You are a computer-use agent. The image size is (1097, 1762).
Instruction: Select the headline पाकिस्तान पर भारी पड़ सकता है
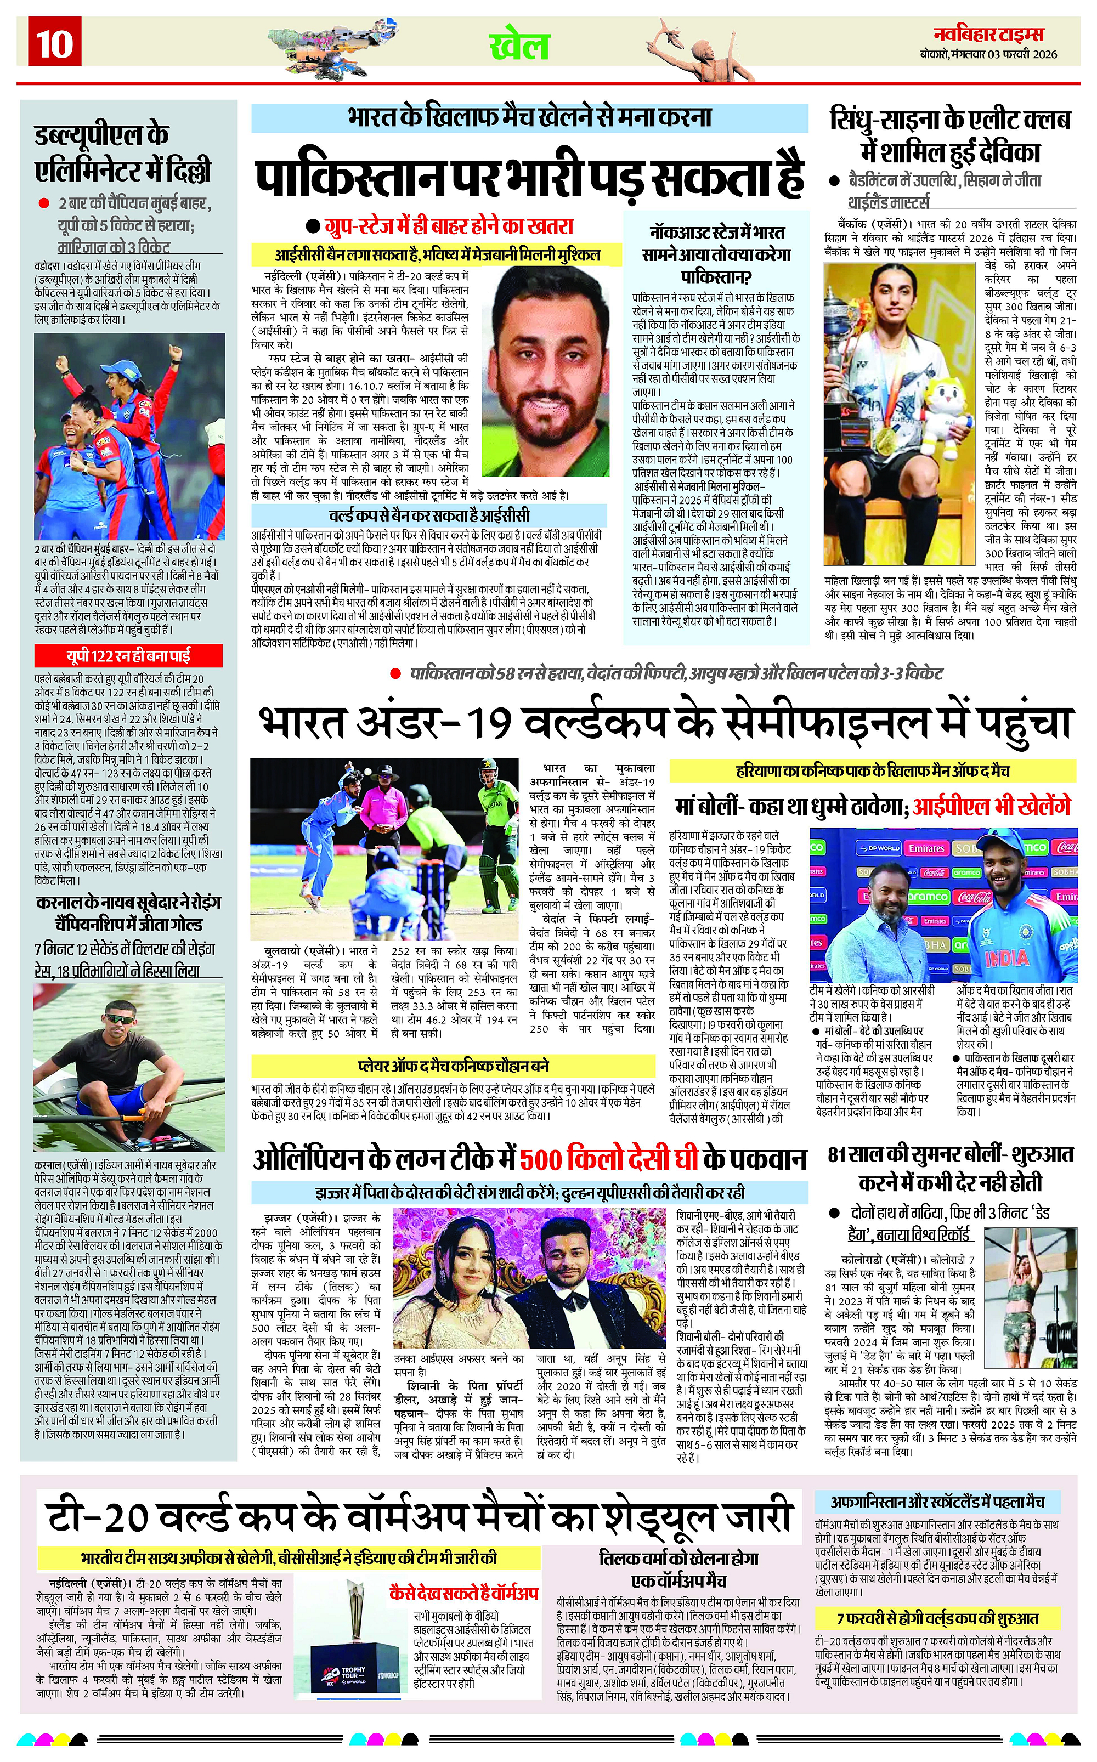(x=530, y=173)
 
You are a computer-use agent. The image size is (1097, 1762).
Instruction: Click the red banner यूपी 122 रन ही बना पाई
(x=128, y=656)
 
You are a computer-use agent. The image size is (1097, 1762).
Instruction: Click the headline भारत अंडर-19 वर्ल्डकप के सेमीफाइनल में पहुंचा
(x=664, y=722)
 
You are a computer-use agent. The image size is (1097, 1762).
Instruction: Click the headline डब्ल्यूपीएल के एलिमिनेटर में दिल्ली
(x=123, y=152)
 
